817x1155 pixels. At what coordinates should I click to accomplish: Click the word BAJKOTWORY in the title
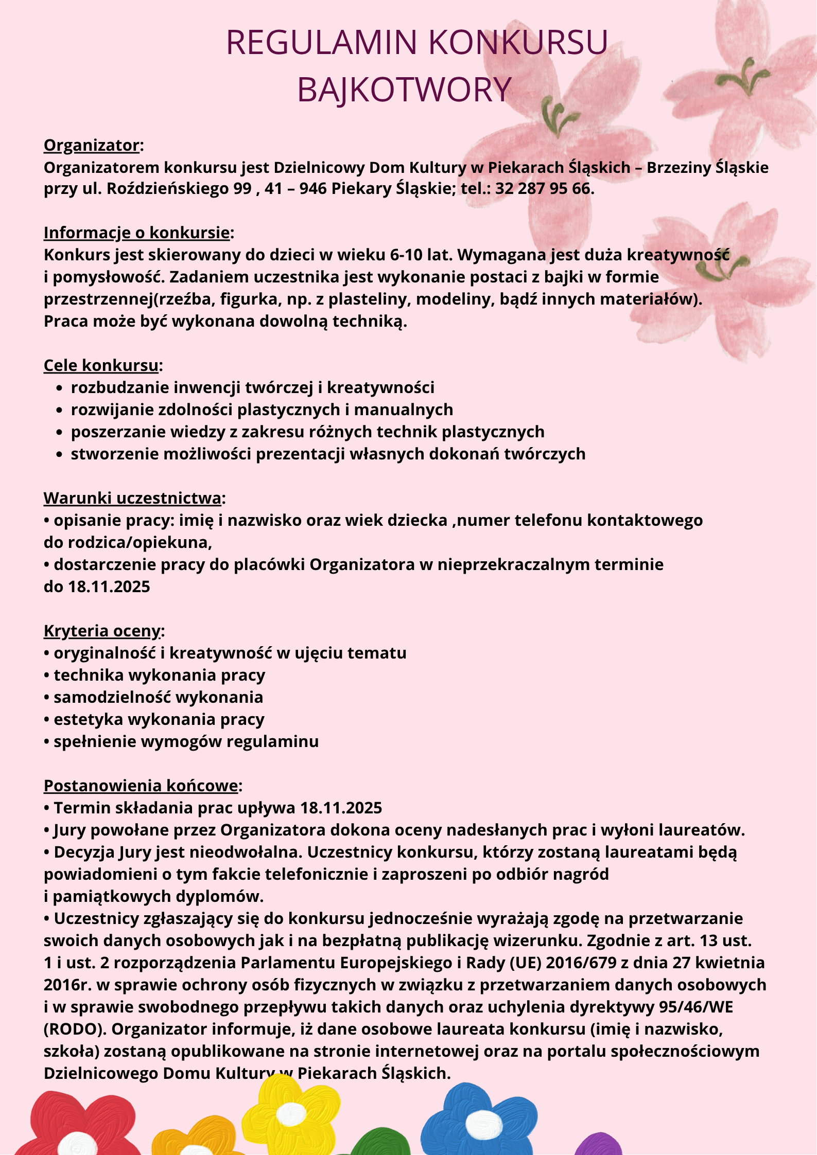click(x=404, y=90)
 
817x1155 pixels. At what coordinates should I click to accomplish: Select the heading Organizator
click(x=91, y=146)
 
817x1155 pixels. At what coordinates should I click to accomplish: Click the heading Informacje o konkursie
click(x=136, y=233)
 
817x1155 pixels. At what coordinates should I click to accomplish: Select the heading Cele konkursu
click(x=101, y=365)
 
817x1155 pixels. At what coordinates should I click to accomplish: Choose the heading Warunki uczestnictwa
click(x=133, y=498)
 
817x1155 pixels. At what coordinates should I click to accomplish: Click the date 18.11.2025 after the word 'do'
click(x=109, y=587)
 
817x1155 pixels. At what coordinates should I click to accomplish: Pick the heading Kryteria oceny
click(x=102, y=631)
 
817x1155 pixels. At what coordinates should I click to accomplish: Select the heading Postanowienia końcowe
click(x=141, y=786)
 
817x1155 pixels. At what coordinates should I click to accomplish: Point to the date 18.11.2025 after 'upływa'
click(x=341, y=808)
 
